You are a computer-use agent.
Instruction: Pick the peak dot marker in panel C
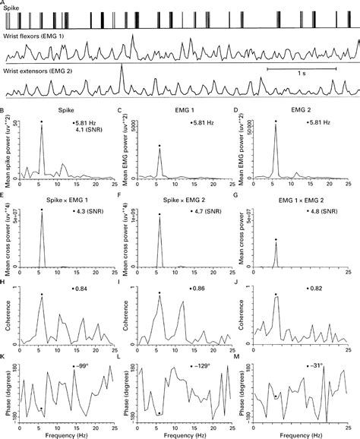[x=159, y=145]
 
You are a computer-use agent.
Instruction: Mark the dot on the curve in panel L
[x=159, y=412]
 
